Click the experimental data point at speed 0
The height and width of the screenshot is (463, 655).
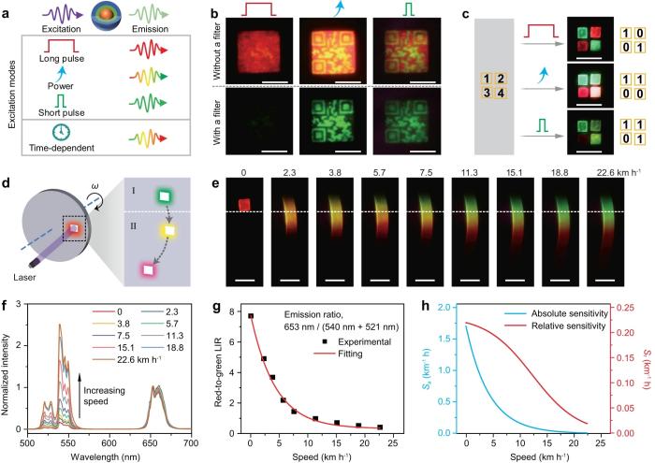[x=251, y=316]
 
